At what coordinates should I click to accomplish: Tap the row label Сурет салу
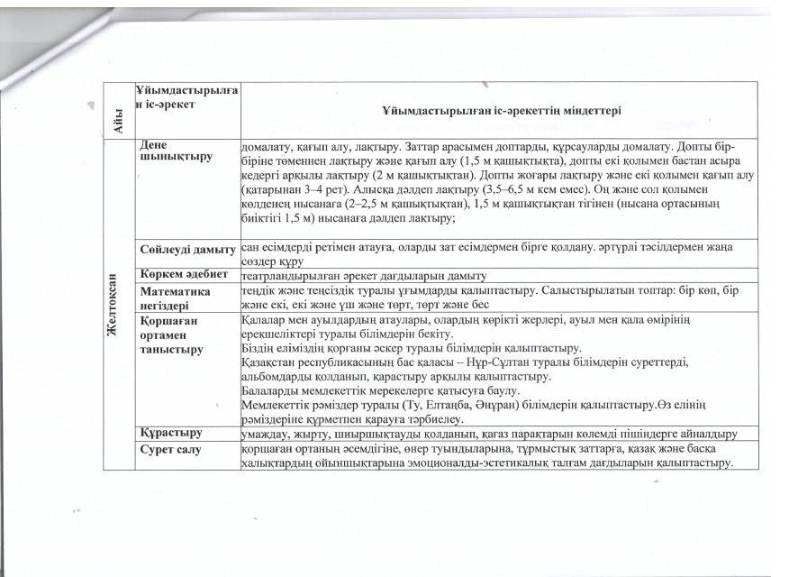pyautogui.click(x=168, y=448)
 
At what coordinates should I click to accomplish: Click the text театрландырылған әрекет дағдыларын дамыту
pyautogui.click(x=364, y=274)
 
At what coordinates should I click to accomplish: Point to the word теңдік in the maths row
pyautogui.click(x=261, y=290)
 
